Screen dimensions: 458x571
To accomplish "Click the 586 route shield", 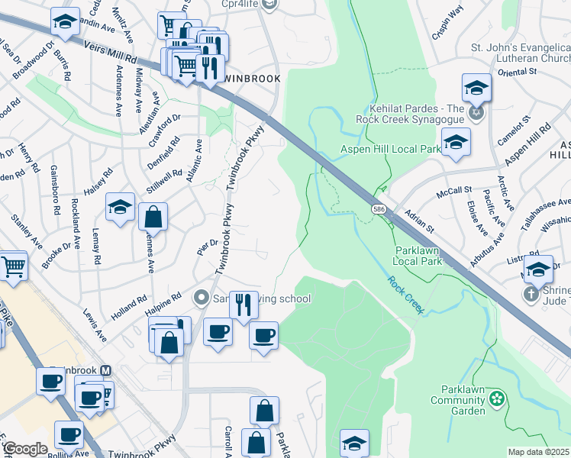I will pyautogui.click(x=379, y=208).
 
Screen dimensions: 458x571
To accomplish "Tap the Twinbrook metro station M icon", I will pyautogui.click(x=106, y=371).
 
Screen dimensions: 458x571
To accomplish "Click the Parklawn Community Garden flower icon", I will pyautogui.click(x=497, y=398).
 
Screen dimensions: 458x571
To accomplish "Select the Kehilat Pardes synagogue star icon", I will pyautogui.click(x=478, y=114).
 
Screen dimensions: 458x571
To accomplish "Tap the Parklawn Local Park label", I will pyautogui.click(x=418, y=255).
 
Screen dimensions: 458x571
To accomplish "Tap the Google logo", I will pyautogui.click(x=25, y=449).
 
